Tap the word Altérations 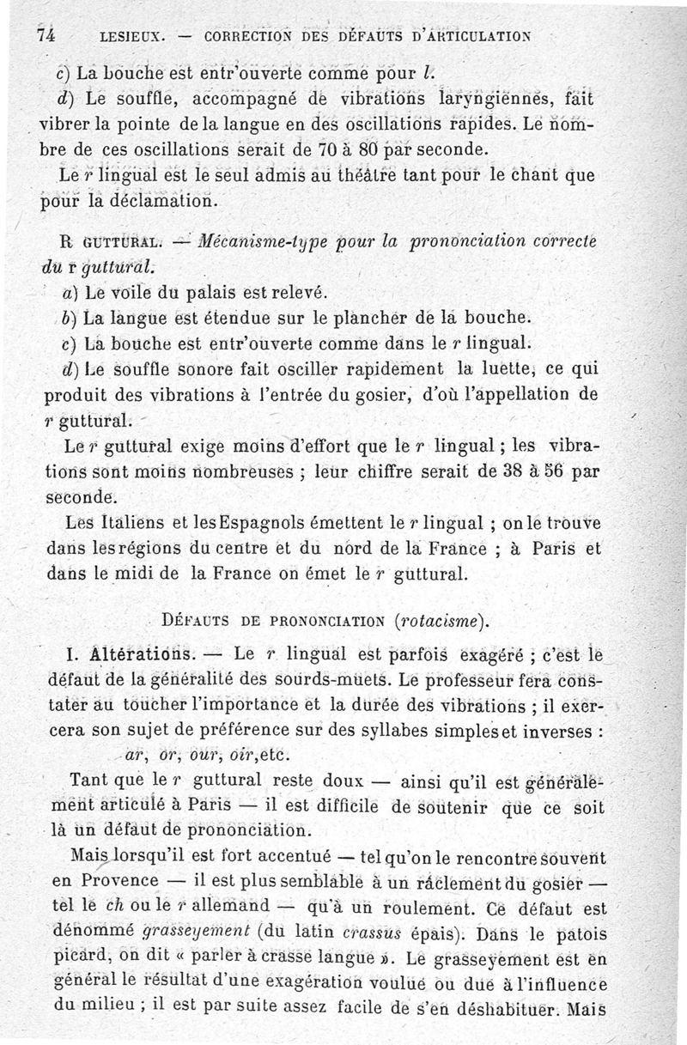pyautogui.click(x=131, y=655)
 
